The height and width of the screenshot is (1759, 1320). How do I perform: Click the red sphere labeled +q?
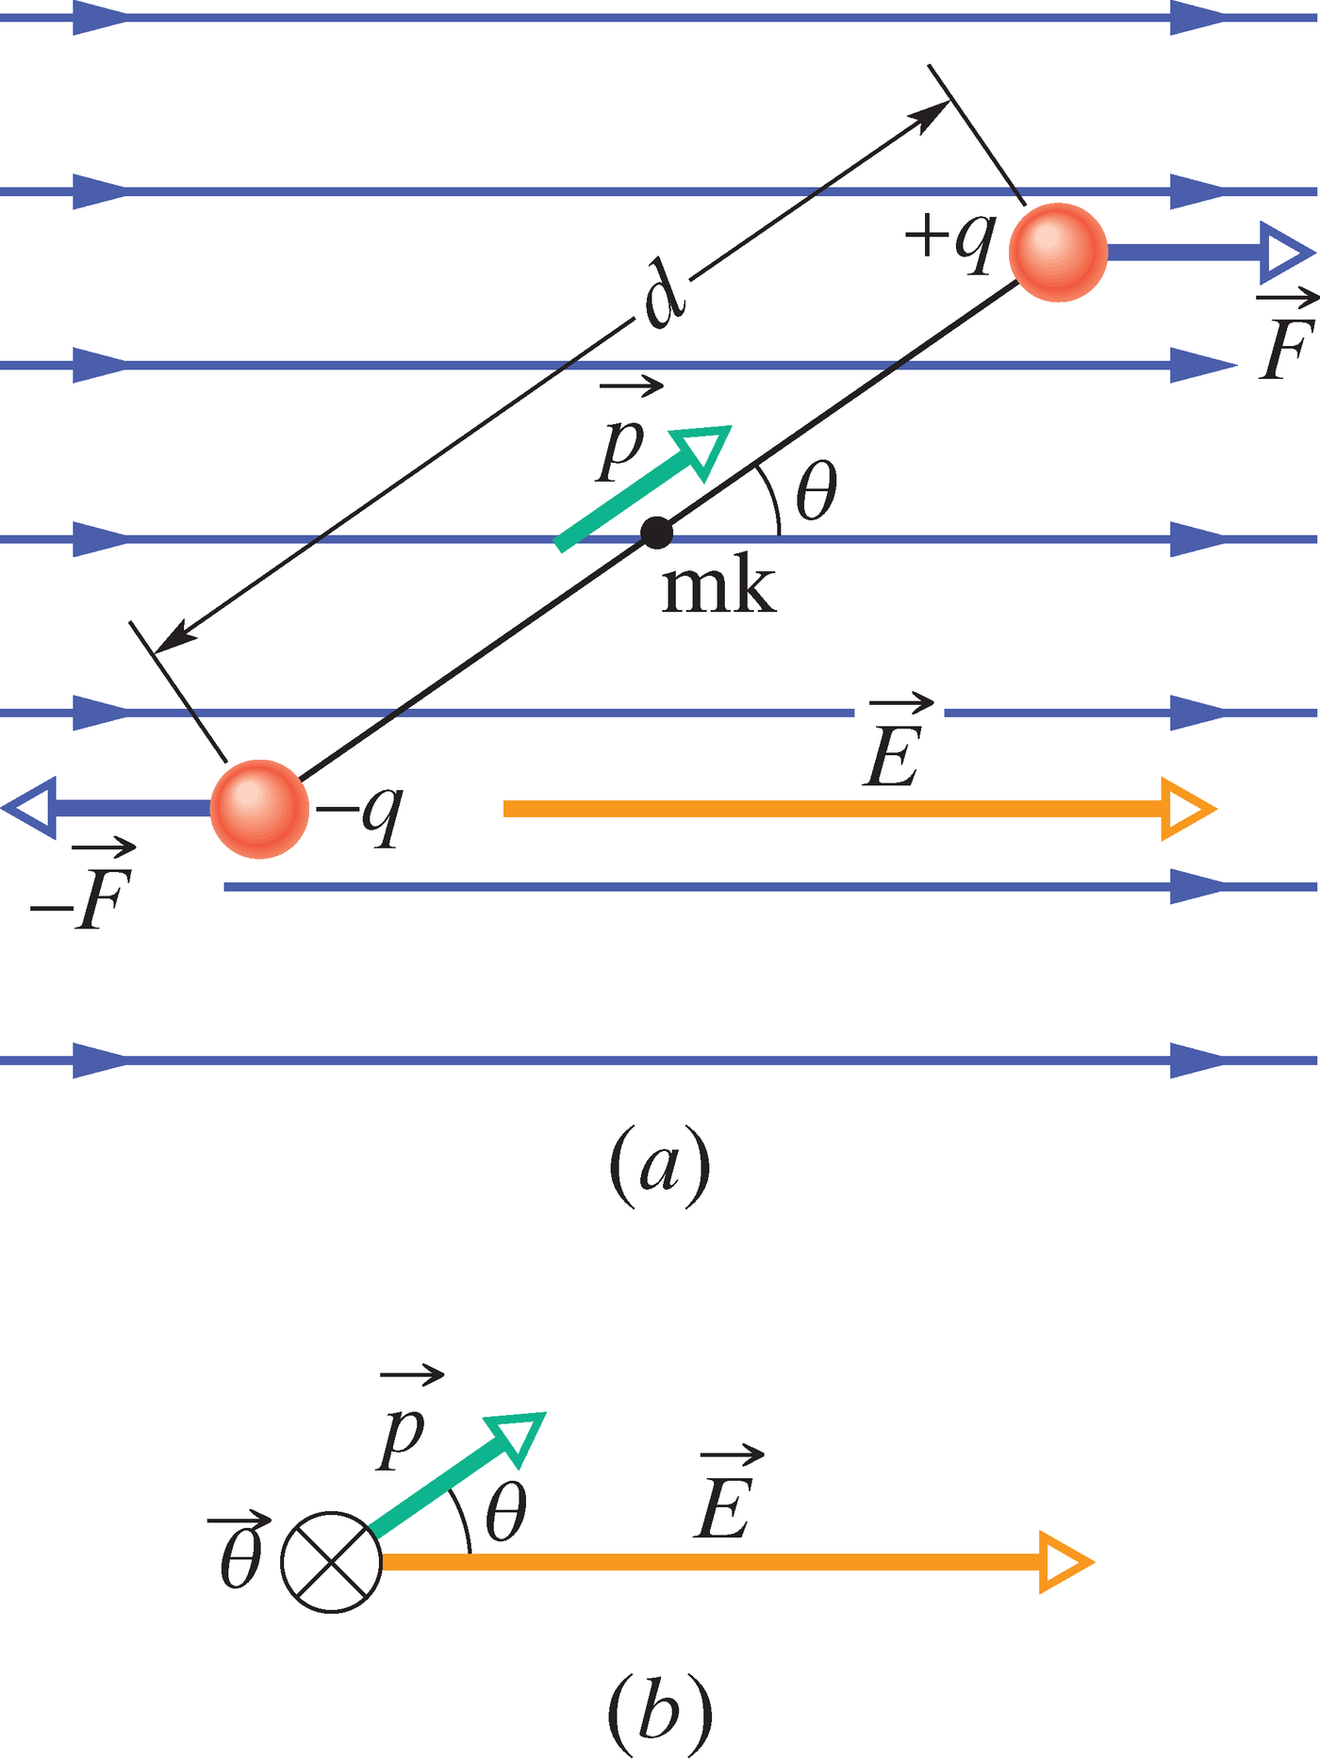coord(1058,253)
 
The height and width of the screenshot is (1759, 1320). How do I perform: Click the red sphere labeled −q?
coord(259,809)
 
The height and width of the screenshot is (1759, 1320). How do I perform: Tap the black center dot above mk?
coord(656,534)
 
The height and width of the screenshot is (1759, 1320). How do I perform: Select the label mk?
coord(718,590)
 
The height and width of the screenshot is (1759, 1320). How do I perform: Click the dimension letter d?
coord(664,296)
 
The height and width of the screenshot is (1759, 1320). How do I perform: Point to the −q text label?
coord(360,813)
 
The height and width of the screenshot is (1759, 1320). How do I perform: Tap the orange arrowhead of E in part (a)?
coord(1186,809)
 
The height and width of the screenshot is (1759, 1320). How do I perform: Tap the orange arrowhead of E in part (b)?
coord(1064,1563)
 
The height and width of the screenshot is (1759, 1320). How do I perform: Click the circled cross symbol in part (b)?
coord(332,1563)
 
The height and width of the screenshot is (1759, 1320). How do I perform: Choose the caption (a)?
coord(660,1167)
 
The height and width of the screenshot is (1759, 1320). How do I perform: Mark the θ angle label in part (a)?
coord(816,492)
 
